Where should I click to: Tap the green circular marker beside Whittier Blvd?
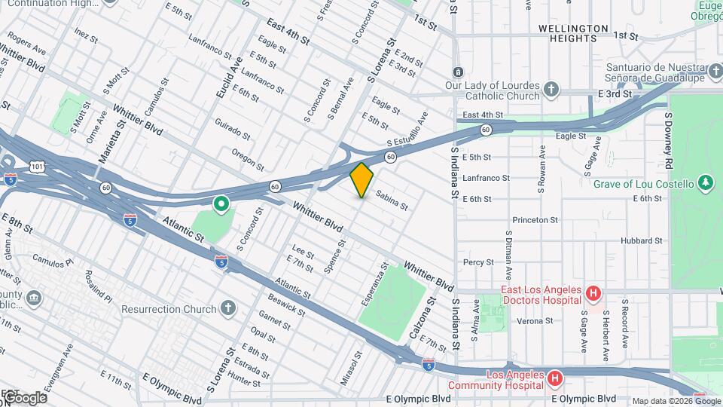pyautogui.click(x=221, y=203)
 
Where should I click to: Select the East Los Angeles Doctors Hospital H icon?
pyautogui.click(x=593, y=292)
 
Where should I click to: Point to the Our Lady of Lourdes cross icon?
pyautogui.click(x=551, y=90)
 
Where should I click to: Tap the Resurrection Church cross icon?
pyautogui.click(x=228, y=308)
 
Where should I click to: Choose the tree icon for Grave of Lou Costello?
pyautogui.click(x=705, y=182)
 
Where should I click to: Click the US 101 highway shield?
pyautogui.click(x=38, y=164)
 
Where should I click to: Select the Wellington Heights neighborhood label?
pyautogui.click(x=573, y=28)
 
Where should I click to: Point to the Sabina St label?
pyautogui.click(x=392, y=200)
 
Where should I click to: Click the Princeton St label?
pyautogui.click(x=535, y=220)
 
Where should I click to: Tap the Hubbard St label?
pyautogui.click(x=641, y=241)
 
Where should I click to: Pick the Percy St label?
pyautogui.click(x=478, y=262)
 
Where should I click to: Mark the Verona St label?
pyautogui.click(x=535, y=320)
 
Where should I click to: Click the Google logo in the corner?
pyautogui.click(x=24, y=397)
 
